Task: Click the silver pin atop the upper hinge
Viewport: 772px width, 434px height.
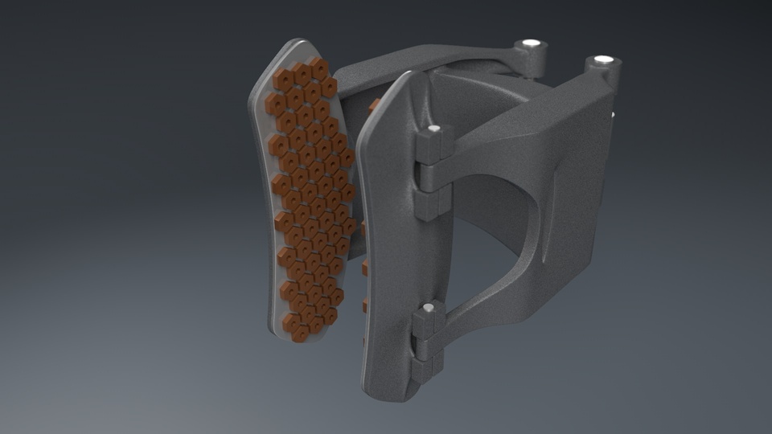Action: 434,129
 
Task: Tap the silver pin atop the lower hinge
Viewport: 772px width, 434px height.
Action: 429,307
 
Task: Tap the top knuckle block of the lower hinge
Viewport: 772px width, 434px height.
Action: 425,325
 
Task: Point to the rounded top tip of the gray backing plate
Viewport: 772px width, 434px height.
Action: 298,44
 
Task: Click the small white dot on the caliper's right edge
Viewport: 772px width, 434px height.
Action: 614,115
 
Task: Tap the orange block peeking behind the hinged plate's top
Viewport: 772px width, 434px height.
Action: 375,104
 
